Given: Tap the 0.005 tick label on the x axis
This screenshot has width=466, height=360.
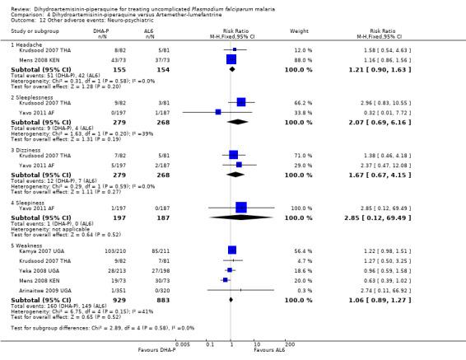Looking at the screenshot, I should pos(182,343).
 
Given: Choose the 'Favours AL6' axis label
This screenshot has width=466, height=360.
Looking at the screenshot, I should pos(269,349).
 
